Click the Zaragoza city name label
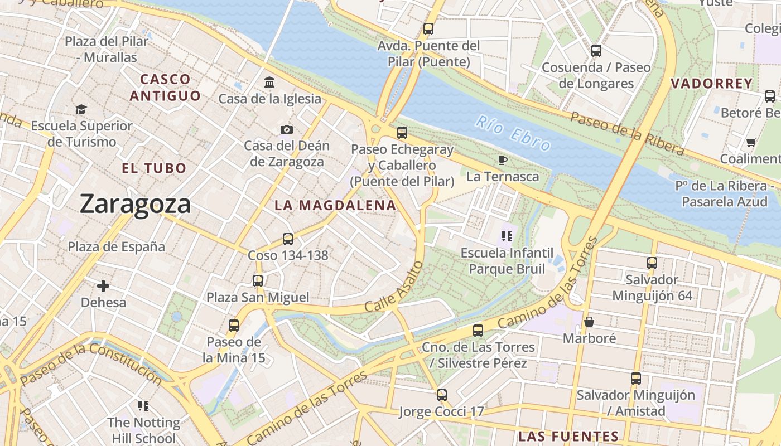pos(135,204)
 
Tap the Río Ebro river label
pos(513,133)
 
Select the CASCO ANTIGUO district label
pos(165,88)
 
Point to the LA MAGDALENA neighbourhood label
pos(335,205)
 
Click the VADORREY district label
pos(711,84)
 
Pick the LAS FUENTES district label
pos(568,436)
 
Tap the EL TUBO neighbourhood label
pos(154,168)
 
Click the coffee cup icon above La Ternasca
pos(503,161)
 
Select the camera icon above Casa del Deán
pos(287,129)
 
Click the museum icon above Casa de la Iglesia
pos(270,83)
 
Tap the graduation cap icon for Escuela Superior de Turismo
pos(81,109)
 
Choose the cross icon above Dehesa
pos(103,286)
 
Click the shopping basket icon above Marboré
pos(589,322)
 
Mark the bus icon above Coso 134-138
pos(288,239)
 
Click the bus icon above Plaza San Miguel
pos(258,280)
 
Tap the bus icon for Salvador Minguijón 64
pos(652,263)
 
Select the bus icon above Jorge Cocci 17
pos(442,395)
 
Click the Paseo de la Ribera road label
pos(626,133)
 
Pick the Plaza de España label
pos(117,246)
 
